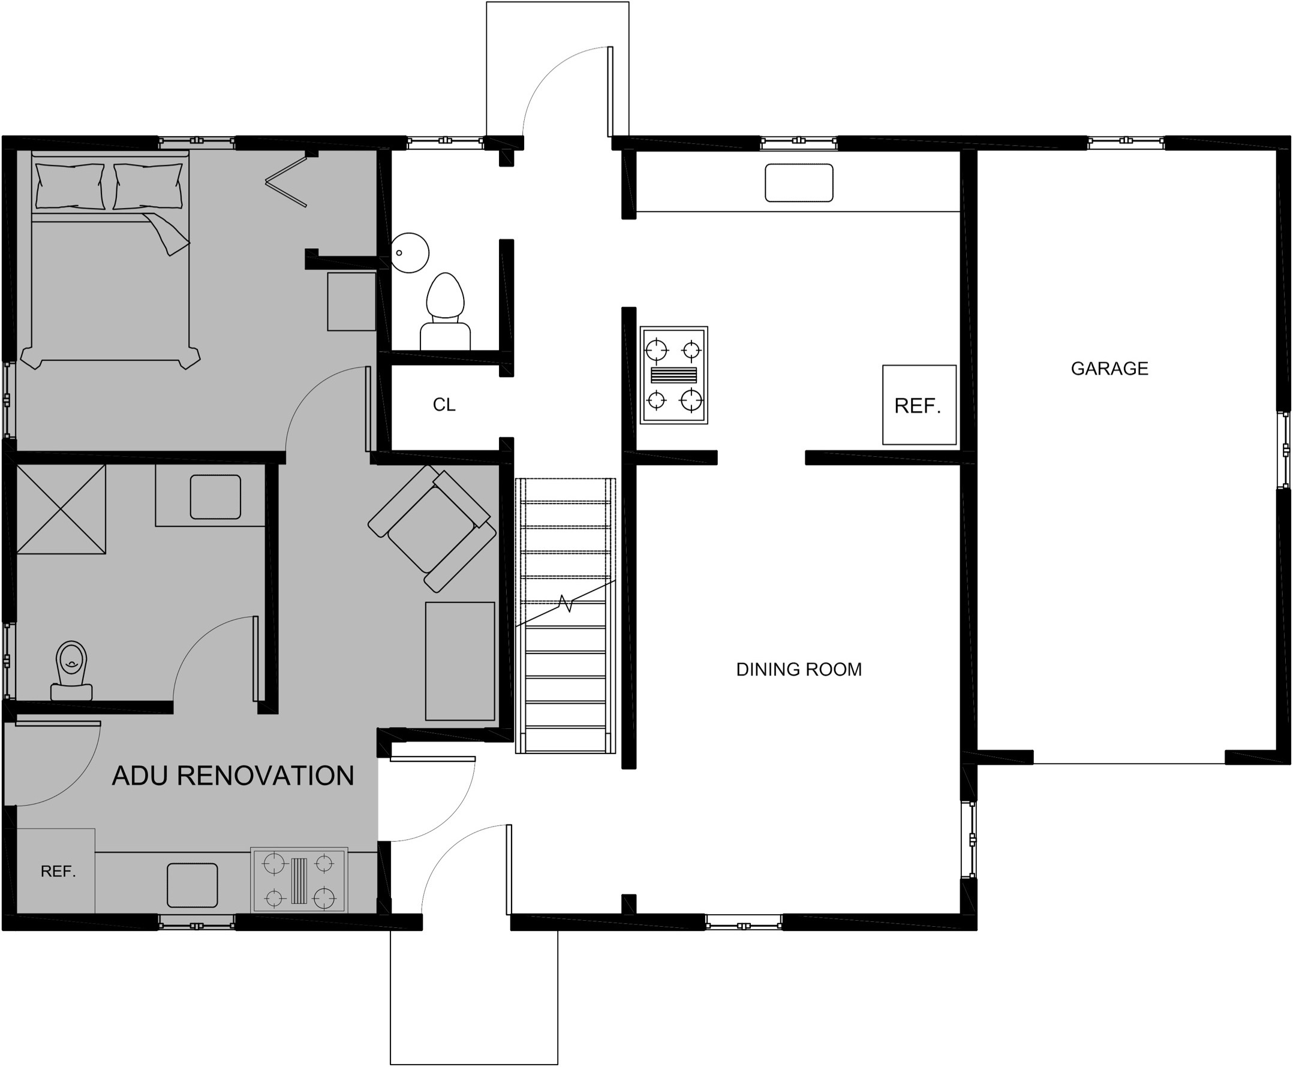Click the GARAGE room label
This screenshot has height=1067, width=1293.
tap(1109, 368)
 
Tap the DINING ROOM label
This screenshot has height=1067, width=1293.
tap(799, 670)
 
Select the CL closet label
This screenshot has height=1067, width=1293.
tap(444, 405)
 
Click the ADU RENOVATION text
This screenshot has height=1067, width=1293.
tap(233, 776)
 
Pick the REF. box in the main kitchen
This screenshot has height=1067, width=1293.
tap(919, 405)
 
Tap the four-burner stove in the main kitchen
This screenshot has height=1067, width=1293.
tap(674, 375)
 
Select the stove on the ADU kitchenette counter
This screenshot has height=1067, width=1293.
tap(299, 881)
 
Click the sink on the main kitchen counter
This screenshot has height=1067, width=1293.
tap(799, 183)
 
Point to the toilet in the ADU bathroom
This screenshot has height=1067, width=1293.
tap(71, 671)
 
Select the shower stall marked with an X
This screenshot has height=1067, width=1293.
tap(61, 509)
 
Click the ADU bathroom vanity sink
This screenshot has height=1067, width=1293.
tap(215, 496)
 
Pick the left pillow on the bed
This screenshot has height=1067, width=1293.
tap(70, 186)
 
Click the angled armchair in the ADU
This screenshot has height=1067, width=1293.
tap(432, 528)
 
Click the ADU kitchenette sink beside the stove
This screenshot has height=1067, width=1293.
tap(193, 885)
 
